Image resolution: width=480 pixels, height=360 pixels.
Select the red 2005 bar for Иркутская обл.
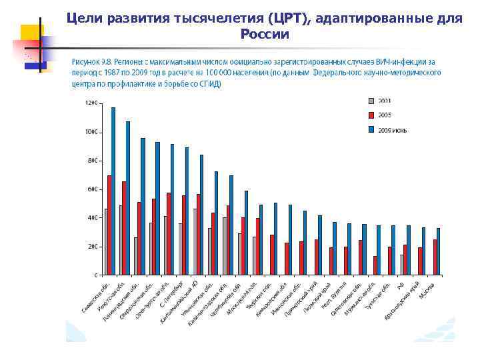124,227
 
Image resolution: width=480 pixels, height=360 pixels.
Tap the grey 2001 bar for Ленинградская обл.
136,256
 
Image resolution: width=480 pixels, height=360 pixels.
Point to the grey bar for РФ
401,264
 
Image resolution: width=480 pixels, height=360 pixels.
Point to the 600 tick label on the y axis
93,189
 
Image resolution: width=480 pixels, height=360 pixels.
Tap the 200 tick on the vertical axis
93,246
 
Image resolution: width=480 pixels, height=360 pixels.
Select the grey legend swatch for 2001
371,101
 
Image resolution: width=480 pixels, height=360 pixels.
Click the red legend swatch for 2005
371,114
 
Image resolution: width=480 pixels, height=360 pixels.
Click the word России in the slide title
265,34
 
